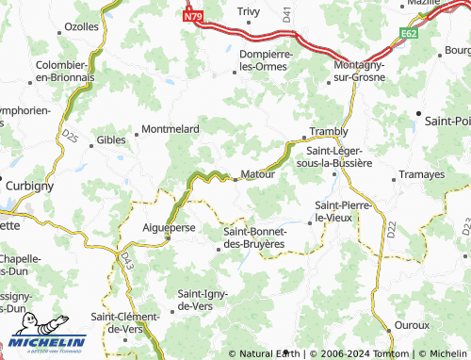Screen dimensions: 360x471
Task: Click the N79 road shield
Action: coord(193,16)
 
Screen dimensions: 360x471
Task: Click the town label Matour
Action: coord(257,174)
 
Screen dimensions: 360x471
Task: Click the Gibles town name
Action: coord(110,139)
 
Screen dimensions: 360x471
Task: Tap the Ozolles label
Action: coord(81,26)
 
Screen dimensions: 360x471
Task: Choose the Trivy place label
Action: coord(249,11)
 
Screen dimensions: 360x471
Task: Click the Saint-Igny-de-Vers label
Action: coord(209,300)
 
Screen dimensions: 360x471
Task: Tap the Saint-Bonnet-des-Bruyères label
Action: coord(253,237)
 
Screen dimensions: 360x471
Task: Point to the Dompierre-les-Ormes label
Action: coord(267,60)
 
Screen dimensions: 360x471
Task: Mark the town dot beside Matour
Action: coord(235,175)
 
